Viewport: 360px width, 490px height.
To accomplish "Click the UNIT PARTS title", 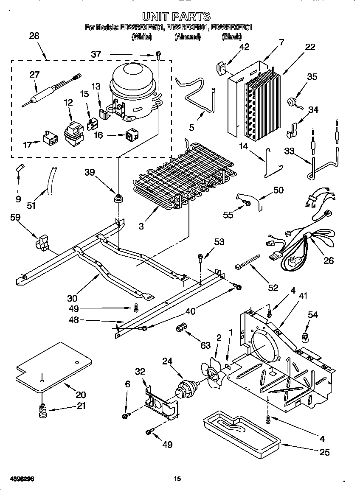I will coord(176,17).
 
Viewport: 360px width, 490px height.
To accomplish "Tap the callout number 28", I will coord(34,36).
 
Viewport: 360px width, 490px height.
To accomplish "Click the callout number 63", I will coord(205,346).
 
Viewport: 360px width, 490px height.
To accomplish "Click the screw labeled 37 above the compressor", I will coord(158,54).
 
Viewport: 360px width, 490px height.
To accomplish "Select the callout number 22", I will coord(310,47).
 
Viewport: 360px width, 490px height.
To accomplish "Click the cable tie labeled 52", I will coord(247,263).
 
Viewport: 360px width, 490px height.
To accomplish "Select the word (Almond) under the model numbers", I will coord(187,37).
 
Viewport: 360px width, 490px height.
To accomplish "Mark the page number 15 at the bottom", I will coord(178,479).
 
